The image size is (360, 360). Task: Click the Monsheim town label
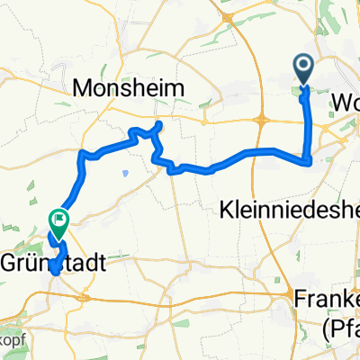click(x=130, y=87)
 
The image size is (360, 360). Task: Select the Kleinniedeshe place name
click(x=289, y=210)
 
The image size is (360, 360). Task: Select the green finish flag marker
click(x=59, y=219)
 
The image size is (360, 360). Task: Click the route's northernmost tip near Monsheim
click(x=159, y=122)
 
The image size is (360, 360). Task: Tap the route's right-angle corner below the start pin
click(x=310, y=162)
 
